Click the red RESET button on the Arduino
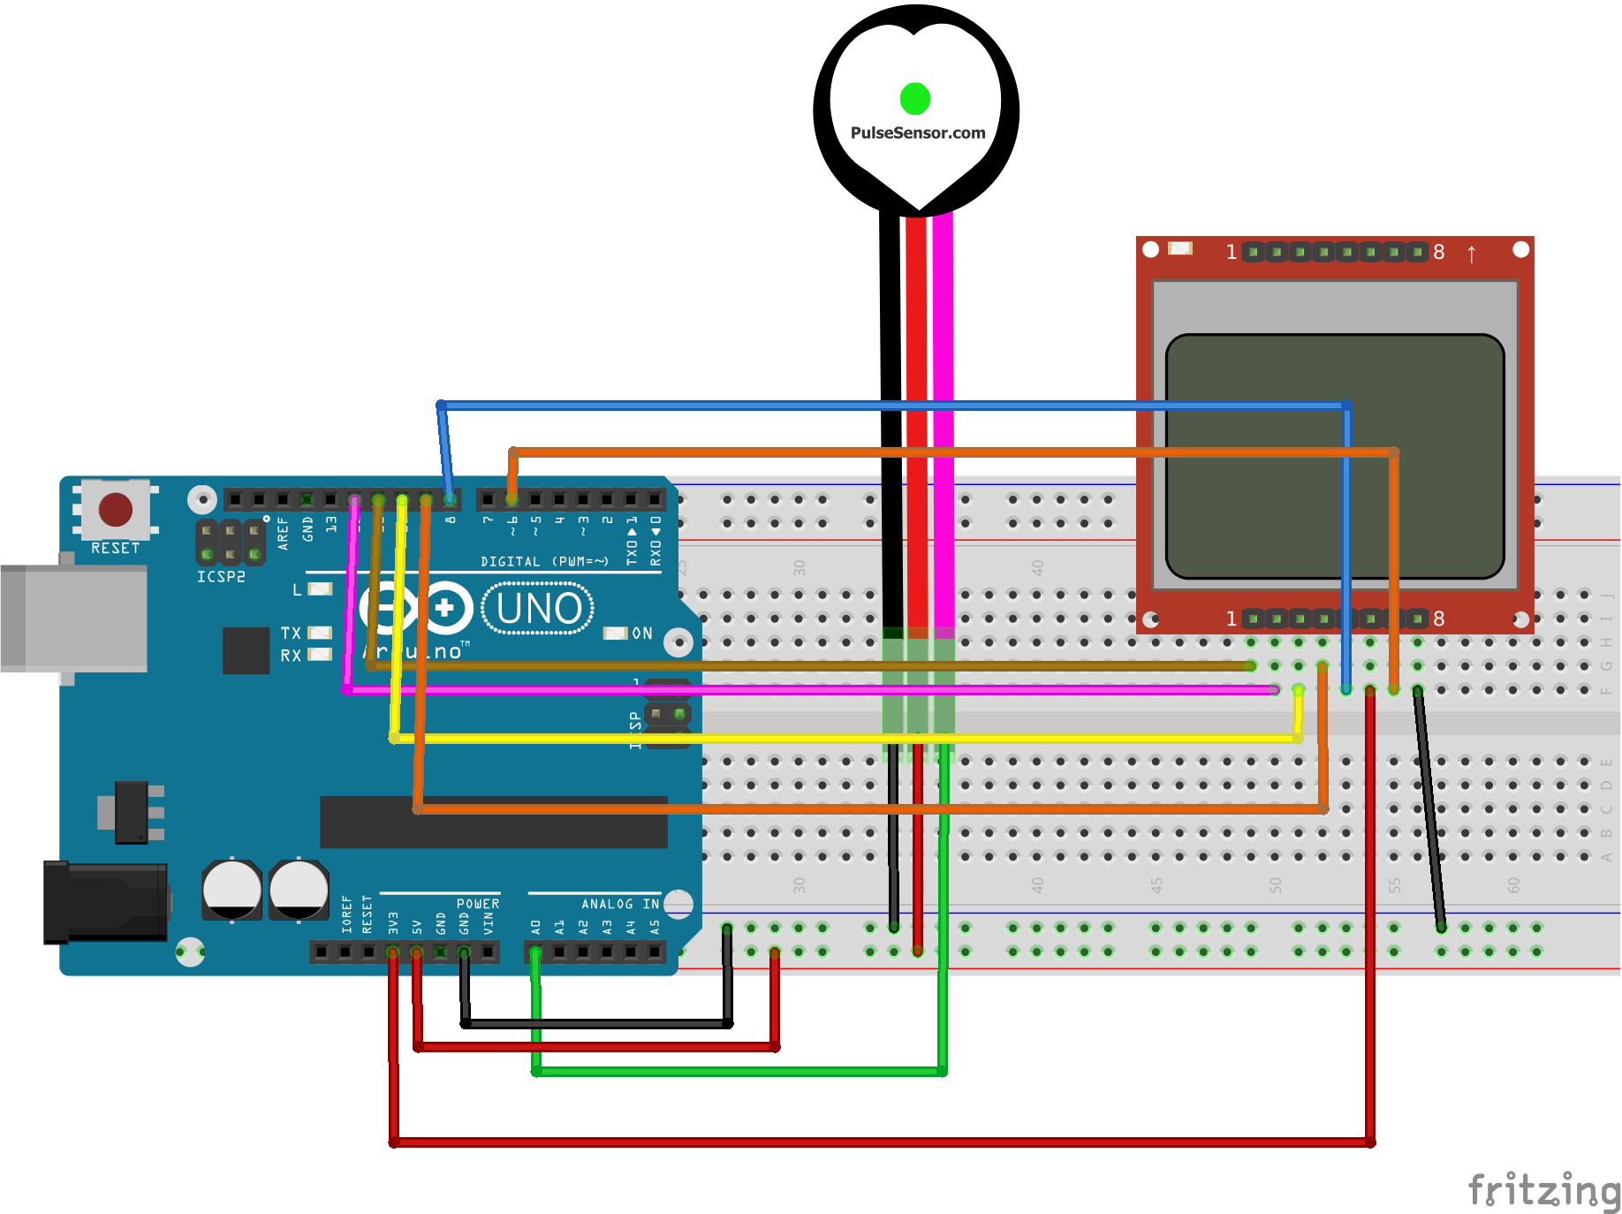click(x=116, y=510)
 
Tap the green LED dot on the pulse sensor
click(x=915, y=98)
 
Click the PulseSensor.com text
click(x=917, y=133)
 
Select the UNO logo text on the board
click(x=539, y=609)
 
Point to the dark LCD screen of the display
click(x=1334, y=456)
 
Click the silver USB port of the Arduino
click(x=74, y=618)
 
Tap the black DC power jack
click(x=106, y=902)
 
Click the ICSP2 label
click(x=221, y=577)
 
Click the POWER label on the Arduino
click(x=478, y=904)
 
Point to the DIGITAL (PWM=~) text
click(x=544, y=561)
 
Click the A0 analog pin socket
click(x=535, y=952)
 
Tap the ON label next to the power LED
click(x=642, y=634)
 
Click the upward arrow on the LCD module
click(x=1471, y=254)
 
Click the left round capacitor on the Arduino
click(x=231, y=889)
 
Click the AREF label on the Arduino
click(x=284, y=533)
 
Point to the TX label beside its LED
click(x=291, y=633)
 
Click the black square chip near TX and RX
click(x=246, y=650)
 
